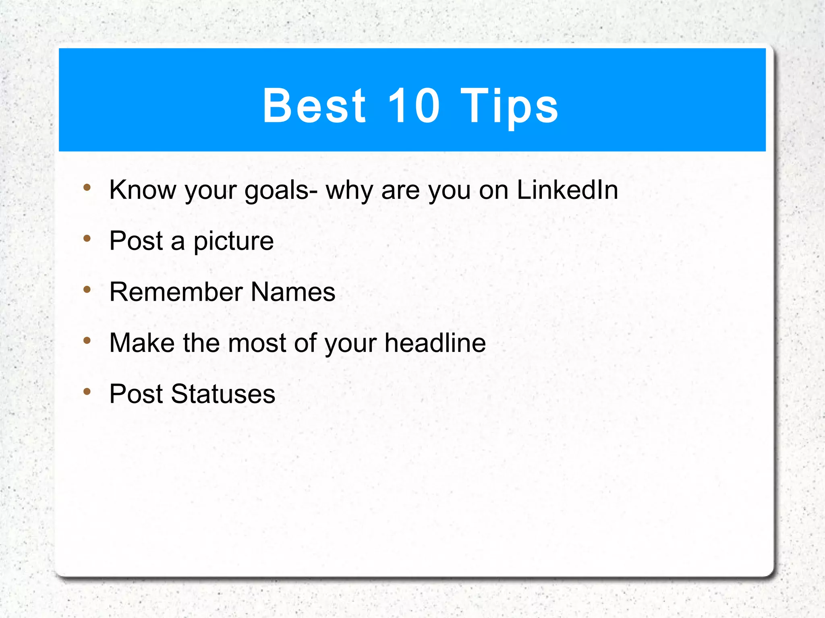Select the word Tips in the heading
[509, 106]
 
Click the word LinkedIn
[567, 190]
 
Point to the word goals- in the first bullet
[281, 190]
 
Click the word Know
[143, 190]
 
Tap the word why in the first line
[349, 190]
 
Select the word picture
[234, 241]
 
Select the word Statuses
[223, 394]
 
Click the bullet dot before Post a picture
[87, 238]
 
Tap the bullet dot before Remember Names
[87, 289]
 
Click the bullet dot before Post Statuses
[87, 391]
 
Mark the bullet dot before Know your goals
[87, 187]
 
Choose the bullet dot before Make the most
[87, 341]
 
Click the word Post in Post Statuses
[136, 394]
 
